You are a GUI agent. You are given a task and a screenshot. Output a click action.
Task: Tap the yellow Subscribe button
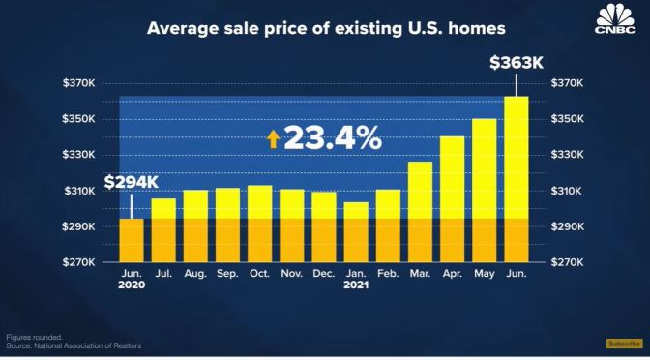(x=623, y=344)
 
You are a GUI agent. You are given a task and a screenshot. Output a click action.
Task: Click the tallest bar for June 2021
(x=517, y=179)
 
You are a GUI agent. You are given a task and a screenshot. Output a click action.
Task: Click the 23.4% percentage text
(x=333, y=138)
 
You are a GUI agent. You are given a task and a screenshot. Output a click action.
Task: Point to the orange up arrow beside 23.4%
(x=274, y=139)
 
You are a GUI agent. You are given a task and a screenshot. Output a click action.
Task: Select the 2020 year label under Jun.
(x=132, y=287)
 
